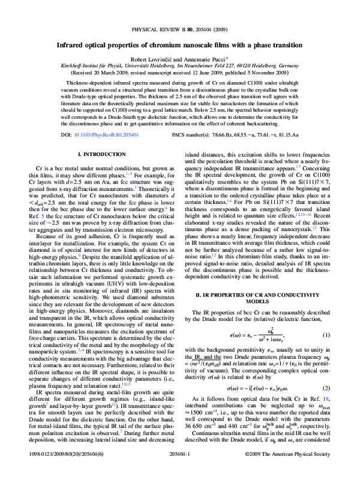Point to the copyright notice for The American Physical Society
(300, 472)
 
